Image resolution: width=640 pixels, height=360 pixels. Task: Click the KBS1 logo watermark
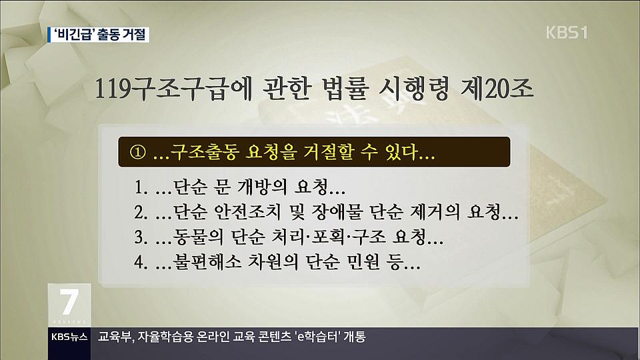point(567,33)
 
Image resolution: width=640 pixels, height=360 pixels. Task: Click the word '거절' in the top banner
point(133,35)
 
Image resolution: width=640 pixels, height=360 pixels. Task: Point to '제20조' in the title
point(497,88)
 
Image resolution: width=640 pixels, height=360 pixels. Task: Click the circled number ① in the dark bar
point(137,152)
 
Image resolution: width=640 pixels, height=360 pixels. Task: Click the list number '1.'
point(141,188)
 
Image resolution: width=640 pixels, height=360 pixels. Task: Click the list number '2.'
point(141,213)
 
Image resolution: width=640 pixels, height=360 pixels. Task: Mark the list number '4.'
point(141,263)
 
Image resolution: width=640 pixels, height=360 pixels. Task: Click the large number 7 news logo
point(69,302)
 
